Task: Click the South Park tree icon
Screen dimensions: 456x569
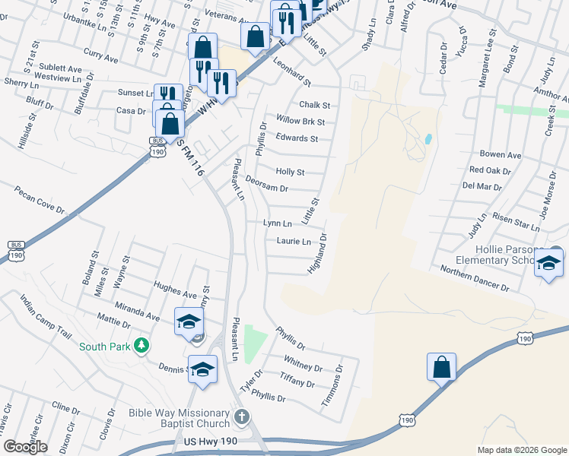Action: tap(140, 347)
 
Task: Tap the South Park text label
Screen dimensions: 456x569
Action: tap(104, 347)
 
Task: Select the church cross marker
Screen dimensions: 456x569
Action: tap(242, 416)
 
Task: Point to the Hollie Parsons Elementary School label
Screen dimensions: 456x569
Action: tap(519, 254)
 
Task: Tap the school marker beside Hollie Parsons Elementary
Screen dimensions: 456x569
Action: tap(548, 264)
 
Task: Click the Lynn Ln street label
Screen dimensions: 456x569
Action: tap(278, 223)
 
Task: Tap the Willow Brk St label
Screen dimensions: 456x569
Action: tap(300, 121)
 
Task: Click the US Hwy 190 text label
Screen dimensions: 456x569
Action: tap(211, 441)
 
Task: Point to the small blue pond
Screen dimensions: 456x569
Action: tap(429, 140)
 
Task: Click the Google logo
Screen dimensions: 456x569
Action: tap(25, 447)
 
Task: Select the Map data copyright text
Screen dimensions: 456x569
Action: tap(522, 450)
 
